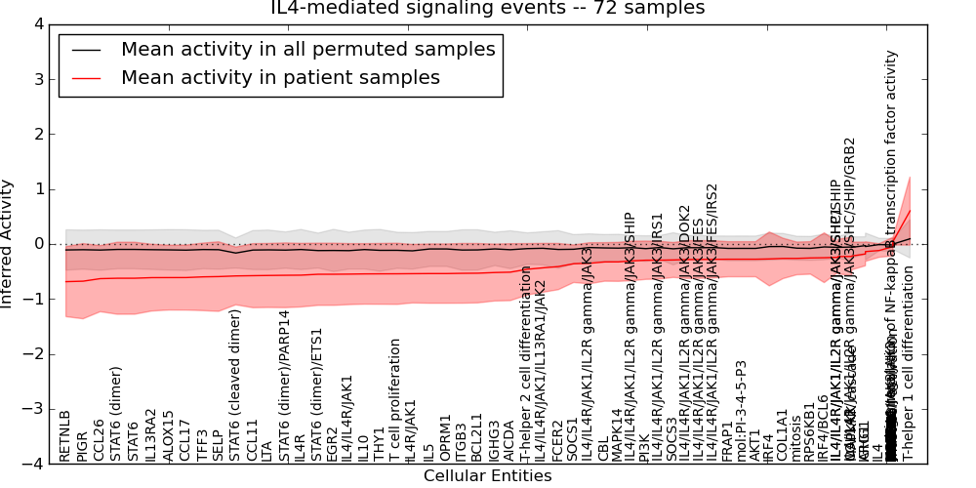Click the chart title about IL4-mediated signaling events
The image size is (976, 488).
tap(487, 9)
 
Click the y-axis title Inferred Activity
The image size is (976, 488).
tap(8, 244)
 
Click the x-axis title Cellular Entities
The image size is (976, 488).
tap(487, 476)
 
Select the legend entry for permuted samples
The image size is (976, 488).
tap(307, 49)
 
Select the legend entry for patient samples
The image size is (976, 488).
tap(280, 77)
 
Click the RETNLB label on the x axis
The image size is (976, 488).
tap(65, 436)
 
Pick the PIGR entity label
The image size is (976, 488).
tap(82, 444)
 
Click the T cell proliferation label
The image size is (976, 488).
tap(395, 400)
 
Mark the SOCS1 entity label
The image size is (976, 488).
tap(572, 441)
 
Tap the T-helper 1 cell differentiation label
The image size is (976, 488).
tap(907, 364)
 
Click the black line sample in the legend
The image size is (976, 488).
tap(87, 49)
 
